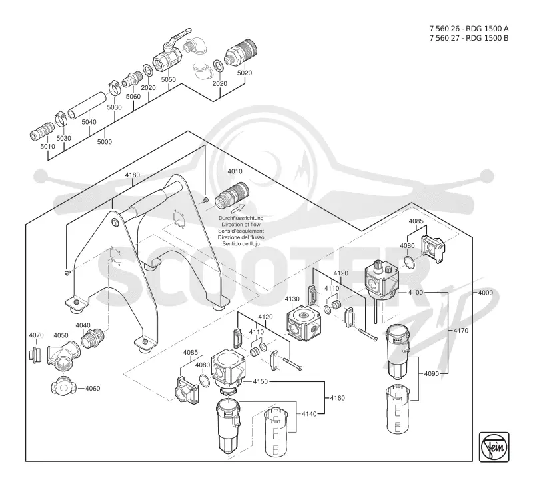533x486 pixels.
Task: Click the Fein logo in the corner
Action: coord(494,447)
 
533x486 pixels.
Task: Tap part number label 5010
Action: coord(47,147)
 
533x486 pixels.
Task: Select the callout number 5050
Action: coord(169,79)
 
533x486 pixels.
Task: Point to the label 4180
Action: coord(132,175)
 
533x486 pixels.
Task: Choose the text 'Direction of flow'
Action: coord(241,225)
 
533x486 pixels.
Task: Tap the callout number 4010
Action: coord(235,171)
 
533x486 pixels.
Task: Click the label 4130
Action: coord(292,299)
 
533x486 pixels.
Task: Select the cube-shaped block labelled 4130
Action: coord(303,323)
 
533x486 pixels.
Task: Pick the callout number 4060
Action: coord(93,389)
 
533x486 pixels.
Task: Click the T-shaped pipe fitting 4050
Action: coord(63,357)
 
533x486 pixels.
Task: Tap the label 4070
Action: coord(36,335)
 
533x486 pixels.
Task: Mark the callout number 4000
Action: coord(485,293)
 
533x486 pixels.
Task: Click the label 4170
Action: coord(460,331)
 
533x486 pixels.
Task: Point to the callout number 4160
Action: coord(337,398)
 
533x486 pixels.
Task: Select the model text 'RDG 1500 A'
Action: coord(487,29)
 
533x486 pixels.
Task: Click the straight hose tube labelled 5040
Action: coord(87,105)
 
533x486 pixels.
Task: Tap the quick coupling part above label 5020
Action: coord(241,53)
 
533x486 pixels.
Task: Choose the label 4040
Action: coord(83,325)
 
